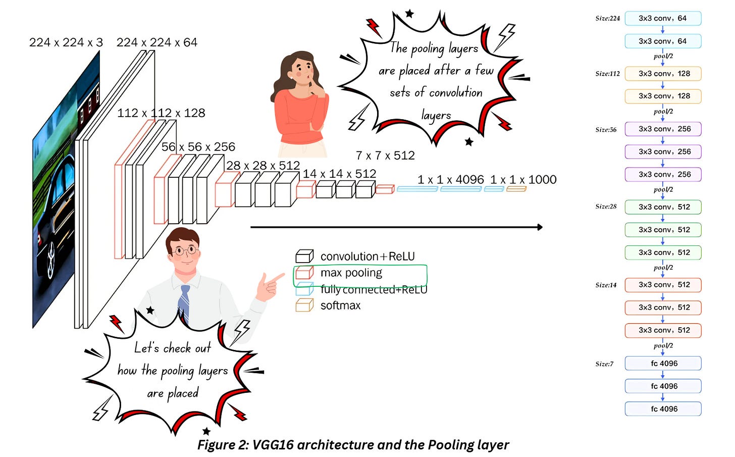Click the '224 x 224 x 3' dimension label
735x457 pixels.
(x=66, y=42)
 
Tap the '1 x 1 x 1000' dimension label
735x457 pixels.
(x=523, y=180)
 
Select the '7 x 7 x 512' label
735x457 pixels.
(x=385, y=156)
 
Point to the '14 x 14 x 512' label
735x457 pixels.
(x=339, y=174)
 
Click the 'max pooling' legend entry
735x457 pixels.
(x=351, y=273)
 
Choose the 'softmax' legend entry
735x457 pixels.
(x=340, y=306)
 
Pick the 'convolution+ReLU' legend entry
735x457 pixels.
(x=367, y=257)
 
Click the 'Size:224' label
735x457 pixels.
(x=607, y=19)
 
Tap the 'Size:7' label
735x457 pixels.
(x=604, y=364)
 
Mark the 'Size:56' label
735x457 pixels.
(x=606, y=130)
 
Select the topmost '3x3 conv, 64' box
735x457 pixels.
(x=663, y=18)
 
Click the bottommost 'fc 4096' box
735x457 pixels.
(x=663, y=409)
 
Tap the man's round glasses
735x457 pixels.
(x=185, y=250)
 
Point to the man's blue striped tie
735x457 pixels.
(x=185, y=303)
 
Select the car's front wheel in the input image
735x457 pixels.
(x=51, y=263)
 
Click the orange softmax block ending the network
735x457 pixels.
(x=516, y=189)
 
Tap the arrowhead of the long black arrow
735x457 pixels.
(x=540, y=227)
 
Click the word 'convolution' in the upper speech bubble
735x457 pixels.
(x=455, y=93)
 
